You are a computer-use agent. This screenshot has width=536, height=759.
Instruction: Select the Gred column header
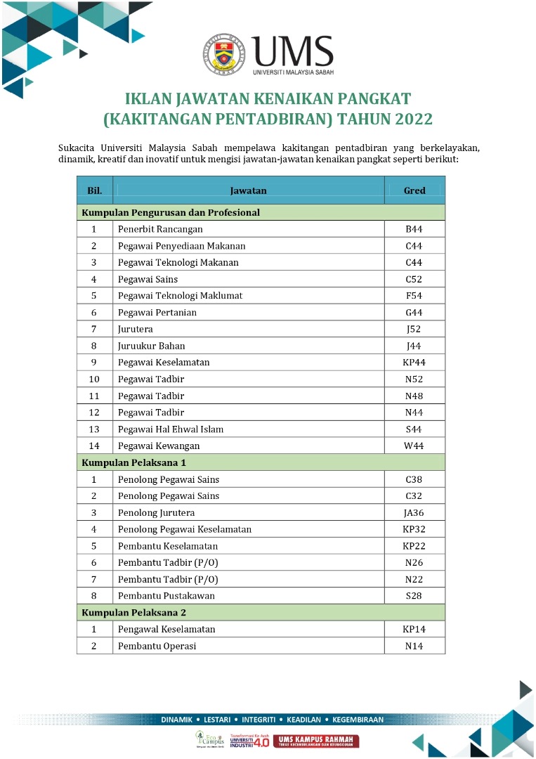pos(414,190)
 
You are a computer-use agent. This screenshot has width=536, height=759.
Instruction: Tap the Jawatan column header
pos(248,190)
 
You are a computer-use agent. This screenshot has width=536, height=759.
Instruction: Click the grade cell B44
pos(414,229)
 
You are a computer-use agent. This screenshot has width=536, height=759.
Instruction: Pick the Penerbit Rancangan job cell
pos(160,229)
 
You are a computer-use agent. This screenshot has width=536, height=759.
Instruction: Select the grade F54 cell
pos(414,296)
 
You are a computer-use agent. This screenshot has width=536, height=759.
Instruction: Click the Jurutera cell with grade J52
pos(136,329)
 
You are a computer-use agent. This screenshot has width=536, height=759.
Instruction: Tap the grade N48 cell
pos(414,396)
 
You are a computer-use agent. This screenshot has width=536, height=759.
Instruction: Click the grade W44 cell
pos(414,446)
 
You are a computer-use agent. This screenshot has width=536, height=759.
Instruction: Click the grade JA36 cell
pos(414,513)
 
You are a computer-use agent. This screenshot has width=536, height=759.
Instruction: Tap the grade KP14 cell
pos(414,629)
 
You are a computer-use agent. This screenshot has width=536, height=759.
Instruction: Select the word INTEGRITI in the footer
pos(259,720)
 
